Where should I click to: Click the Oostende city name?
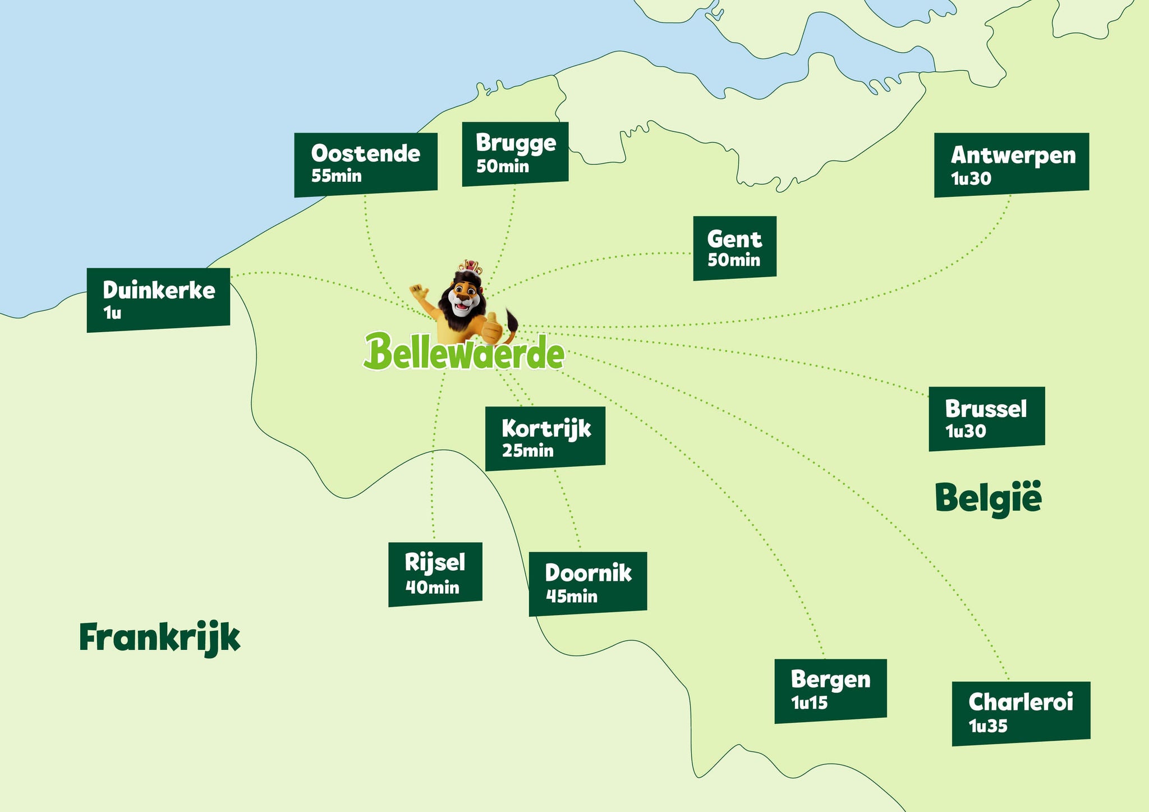pos(365,154)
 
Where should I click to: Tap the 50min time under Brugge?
pos(503,167)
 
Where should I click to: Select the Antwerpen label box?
pos(1011,165)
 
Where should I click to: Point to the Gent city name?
pos(734,240)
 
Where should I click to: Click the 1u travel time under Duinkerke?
pos(112,313)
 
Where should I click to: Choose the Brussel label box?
pos(986,419)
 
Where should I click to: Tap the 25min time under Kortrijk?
pos(527,451)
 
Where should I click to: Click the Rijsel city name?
pos(435,562)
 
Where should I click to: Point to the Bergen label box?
pos(830,691)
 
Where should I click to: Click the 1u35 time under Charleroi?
pos(988,727)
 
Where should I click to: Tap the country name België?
pos(988,498)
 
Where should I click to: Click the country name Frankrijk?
pos(160,638)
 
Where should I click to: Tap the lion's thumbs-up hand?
pos(492,329)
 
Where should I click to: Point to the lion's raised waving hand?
pos(419,292)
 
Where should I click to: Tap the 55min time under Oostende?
pos(336,176)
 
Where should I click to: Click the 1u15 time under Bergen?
pos(809,703)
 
